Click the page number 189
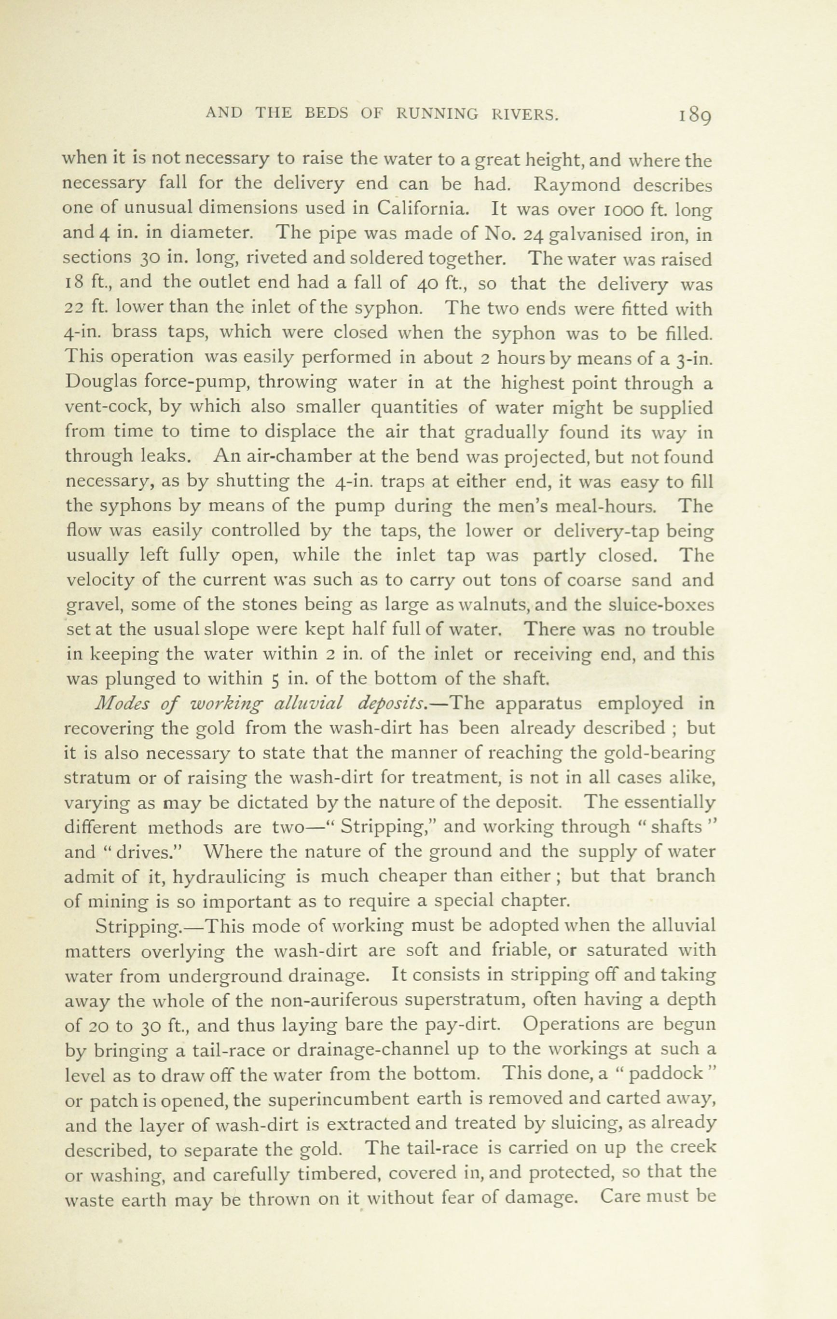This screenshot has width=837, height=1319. [695, 116]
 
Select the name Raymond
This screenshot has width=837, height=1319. [577, 185]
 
